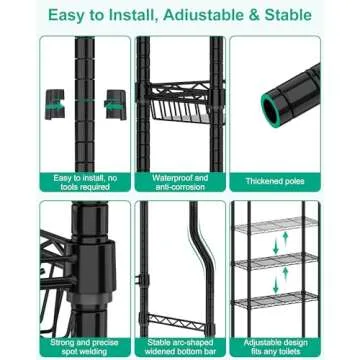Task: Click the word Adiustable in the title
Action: pos(200,14)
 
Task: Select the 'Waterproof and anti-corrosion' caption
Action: pos(180,181)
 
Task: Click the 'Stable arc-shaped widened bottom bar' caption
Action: pos(180,346)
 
